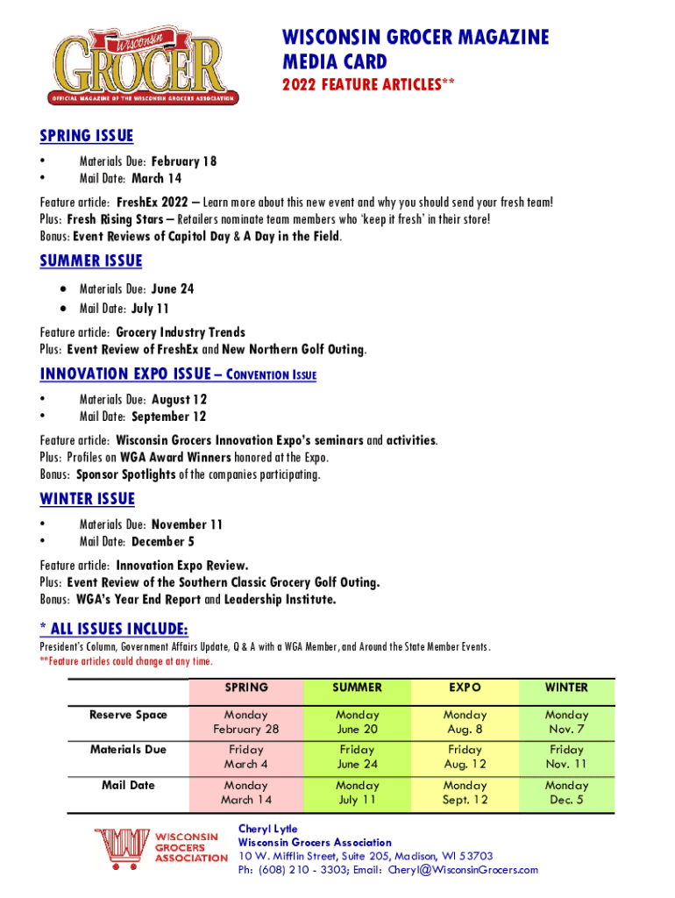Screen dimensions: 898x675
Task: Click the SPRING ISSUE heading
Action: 87,135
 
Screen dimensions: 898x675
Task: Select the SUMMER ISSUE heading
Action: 91,261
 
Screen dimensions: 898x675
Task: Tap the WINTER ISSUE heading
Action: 88,499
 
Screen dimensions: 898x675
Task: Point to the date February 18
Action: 184,161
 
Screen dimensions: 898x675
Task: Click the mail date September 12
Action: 169,417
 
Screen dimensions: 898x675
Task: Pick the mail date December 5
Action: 163,542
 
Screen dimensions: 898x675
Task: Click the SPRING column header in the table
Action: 246,688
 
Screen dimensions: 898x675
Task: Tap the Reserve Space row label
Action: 128,715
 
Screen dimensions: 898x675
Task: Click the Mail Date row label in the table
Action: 128,785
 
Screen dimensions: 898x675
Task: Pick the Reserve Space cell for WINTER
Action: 566,722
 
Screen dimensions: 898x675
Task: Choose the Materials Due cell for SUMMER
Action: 357,757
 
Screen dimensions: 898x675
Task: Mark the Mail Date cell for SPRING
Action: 246,793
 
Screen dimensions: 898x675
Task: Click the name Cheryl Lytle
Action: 268,829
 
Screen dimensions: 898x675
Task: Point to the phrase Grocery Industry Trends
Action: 181,332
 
